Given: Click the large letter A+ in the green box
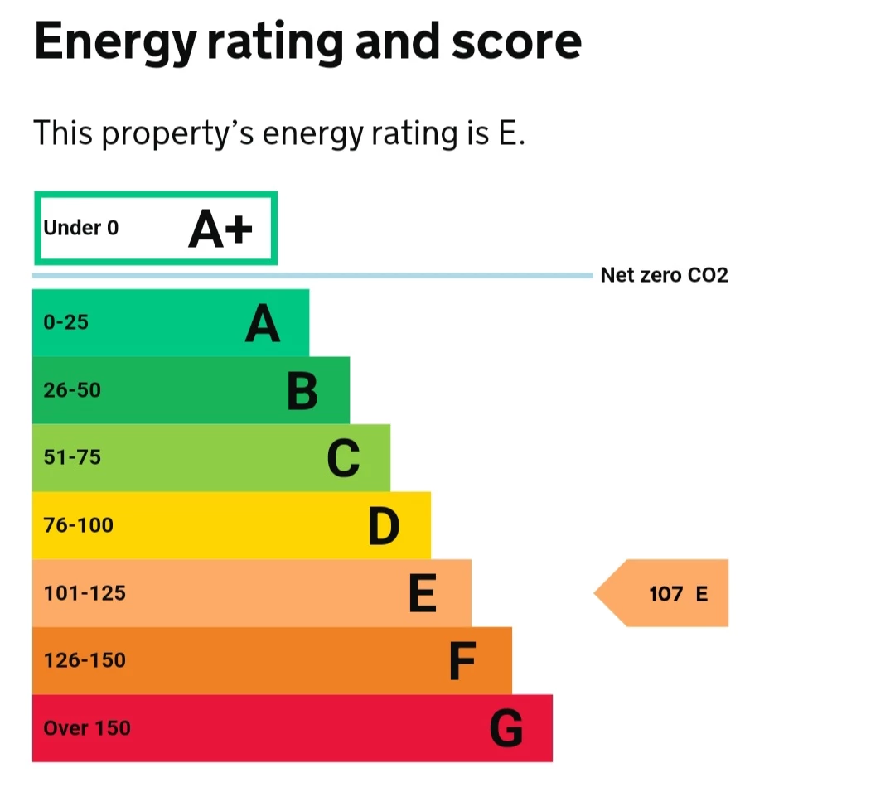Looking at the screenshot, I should tap(220, 229).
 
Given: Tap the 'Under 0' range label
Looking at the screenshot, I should tap(80, 228).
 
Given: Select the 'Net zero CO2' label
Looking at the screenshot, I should tap(664, 275).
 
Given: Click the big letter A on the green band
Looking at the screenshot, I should tap(262, 324).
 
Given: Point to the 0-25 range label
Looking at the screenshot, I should tap(65, 322).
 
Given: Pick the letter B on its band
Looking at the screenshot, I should tap(302, 392).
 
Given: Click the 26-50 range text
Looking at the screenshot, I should tap(72, 390).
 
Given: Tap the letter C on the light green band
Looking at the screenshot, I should tap(343, 459).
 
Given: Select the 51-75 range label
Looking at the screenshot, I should tap(72, 457).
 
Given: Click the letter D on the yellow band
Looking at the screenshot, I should tap(384, 527).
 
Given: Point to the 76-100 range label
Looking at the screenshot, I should tap(78, 525).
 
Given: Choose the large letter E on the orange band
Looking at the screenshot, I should tap(423, 594).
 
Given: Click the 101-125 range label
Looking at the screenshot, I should tap(85, 593).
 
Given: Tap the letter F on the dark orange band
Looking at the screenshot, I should tap(462, 662).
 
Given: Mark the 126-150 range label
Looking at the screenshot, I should tap(85, 661).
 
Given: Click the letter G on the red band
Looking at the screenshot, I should tap(506, 730).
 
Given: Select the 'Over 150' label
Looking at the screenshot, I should tap(87, 729).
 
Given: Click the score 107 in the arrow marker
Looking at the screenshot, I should tap(665, 594).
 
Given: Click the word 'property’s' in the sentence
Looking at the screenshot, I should tap(178, 133).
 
